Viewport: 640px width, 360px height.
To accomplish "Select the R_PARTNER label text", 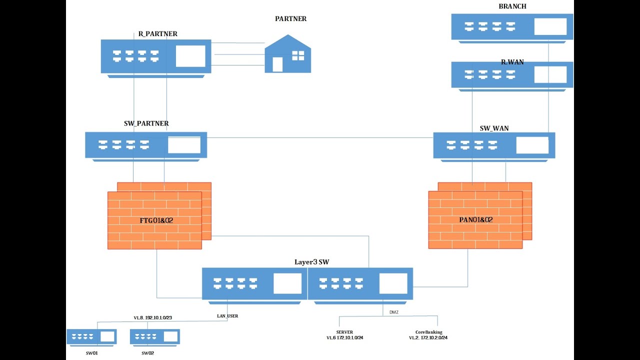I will click(157, 34).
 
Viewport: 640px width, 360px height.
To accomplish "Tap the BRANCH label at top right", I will click(512, 6).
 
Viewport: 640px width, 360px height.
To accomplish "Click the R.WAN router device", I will click(512, 75).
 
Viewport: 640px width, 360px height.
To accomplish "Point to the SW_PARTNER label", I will click(146, 123).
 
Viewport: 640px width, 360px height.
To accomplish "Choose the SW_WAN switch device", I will click(494, 145).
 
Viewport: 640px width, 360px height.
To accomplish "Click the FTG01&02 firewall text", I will click(156, 220).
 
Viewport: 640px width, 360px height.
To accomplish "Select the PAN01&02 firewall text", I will click(476, 220).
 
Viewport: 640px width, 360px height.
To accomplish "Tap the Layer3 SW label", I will click(311, 262).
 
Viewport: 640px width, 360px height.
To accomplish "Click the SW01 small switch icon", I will click(91, 336).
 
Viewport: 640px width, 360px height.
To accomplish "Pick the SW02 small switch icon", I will click(154, 336).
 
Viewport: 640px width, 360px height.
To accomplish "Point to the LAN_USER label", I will click(227, 316).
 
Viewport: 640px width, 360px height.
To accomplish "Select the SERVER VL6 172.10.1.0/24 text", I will click(345, 335).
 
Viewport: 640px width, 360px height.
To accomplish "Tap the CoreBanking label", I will click(428, 332).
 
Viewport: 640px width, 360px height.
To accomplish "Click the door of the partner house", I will click(277, 64).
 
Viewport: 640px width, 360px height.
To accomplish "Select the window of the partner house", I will click(298, 55).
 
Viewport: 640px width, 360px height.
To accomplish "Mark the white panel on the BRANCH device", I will click(550, 26).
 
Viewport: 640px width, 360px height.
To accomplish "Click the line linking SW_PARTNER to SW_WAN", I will click(320, 137).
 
